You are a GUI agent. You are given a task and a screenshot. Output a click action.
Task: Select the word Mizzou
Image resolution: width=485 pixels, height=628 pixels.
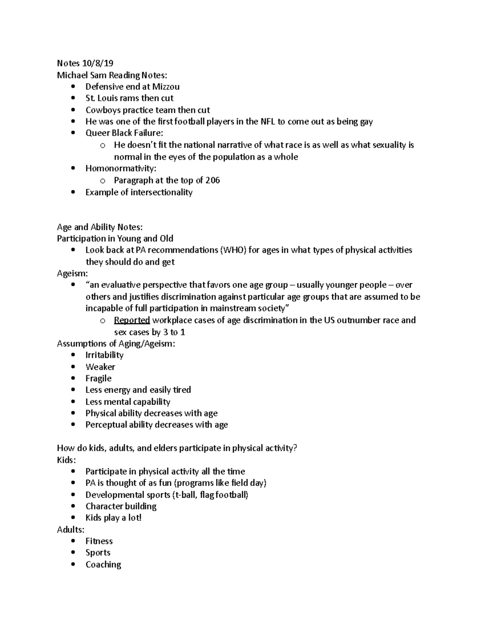click(x=166, y=87)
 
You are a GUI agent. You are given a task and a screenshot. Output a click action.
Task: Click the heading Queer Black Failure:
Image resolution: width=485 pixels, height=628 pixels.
click(x=124, y=133)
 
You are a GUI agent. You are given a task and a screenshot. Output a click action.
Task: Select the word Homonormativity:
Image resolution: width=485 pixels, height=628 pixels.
click(x=120, y=168)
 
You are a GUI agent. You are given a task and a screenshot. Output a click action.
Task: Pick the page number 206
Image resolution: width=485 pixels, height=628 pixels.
click(x=213, y=180)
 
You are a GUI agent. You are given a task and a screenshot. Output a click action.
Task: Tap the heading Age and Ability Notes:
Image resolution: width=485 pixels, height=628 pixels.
click(x=99, y=227)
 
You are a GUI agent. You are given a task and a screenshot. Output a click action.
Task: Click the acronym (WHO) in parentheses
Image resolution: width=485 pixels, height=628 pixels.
click(x=233, y=250)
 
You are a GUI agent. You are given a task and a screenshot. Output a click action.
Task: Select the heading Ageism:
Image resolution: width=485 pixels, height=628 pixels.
click(x=72, y=273)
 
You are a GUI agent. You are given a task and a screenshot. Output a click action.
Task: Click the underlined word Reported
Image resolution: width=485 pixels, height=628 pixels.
click(x=132, y=320)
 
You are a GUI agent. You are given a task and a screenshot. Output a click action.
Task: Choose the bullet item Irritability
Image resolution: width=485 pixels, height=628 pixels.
click(x=104, y=355)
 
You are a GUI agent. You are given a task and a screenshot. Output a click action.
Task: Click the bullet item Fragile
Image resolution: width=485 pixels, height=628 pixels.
click(x=98, y=378)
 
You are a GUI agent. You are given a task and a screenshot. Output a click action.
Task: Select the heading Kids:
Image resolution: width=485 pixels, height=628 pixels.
click(x=66, y=460)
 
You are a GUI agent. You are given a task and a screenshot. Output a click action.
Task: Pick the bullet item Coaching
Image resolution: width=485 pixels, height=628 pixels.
click(x=103, y=565)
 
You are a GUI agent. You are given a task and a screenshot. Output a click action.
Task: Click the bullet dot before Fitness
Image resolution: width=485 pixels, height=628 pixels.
click(x=73, y=541)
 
